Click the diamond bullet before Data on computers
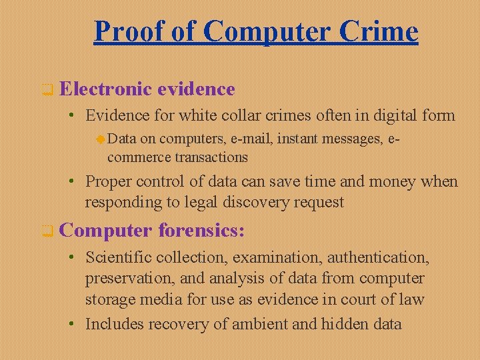[100, 139]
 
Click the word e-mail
[251, 139]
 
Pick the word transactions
[211, 157]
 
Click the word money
[388, 181]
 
